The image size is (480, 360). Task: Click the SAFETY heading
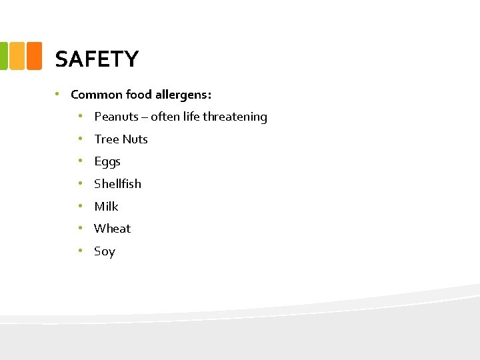[x=97, y=59]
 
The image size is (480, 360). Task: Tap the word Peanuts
[x=116, y=117]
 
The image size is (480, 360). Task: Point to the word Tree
[x=107, y=139]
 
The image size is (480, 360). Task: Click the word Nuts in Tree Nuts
[x=135, y=139]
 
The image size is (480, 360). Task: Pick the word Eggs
[x=107, y=162]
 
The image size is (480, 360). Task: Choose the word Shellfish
[x=117, y=184]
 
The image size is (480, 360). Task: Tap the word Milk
[x=106, y=207]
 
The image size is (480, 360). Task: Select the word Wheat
[x=112, y=229]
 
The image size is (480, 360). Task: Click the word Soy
[x=105, y=251]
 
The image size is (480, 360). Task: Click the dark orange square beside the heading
[x=35, y=56]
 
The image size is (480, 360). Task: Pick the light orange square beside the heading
[x=17, y=56]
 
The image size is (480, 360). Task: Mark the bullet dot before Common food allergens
[x=59, y=94]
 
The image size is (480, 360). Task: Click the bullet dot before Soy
[x=79, y=251]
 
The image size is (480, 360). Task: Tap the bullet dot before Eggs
[x=79, y=161]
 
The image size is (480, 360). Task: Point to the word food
[x=137, y=95]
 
